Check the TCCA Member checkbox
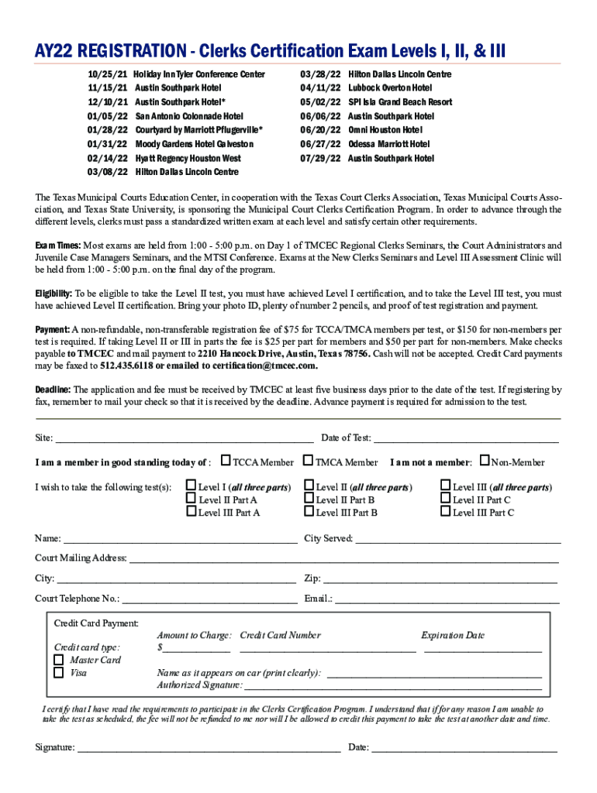pos(226,462)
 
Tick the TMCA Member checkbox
pos(309,462)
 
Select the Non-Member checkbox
pos(485,462)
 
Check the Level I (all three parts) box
pos(192,487)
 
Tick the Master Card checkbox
pos(58,660)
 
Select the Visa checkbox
pos(58,672)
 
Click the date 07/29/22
pos(319,158)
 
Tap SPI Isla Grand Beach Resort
pos(400,102)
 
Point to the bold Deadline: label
pos(53,390)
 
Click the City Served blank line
pos(457,539)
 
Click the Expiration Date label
pos(453,635)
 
